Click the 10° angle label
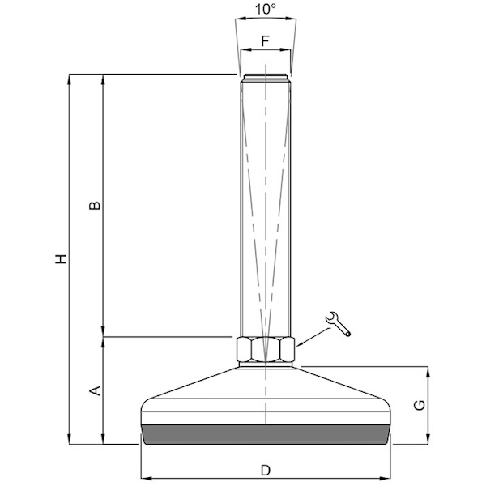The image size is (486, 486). pos(266,9)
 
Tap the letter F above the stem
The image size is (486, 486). pos(266,41)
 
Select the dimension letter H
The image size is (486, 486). pos(61,259)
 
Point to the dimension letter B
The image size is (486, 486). pos(95,206)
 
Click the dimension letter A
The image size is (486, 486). pos(95,390)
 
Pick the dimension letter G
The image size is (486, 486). pos(420,405)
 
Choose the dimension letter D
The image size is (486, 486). pos(266,470)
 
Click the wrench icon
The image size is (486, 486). pos(338,324)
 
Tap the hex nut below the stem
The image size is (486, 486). pos(266,349)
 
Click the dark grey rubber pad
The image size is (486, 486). pos(266,434)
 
